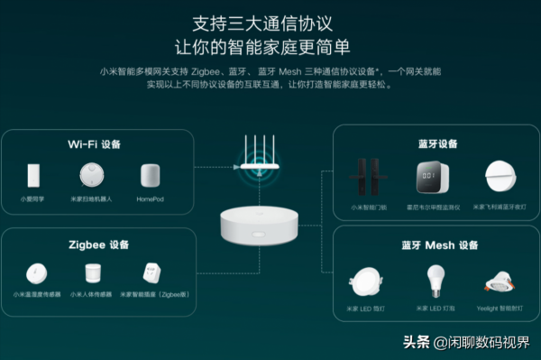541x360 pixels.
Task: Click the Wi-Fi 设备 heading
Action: click(x=94, y=144)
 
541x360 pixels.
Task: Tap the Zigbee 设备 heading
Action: click(x=94, y=244)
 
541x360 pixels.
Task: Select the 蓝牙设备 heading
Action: click(x=437, y=143)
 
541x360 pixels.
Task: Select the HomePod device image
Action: click(x=150, y=176)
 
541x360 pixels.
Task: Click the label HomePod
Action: click(x=150, y=198)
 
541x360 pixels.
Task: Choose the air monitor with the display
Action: click(x=429, y=176)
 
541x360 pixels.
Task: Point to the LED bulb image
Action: click(x=436, y=279)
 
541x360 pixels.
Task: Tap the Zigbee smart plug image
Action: click(x=150, y=274)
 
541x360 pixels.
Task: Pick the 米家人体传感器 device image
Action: click(x=92, y=274)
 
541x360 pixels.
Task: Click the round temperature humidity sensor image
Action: click(x=35, y=274)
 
